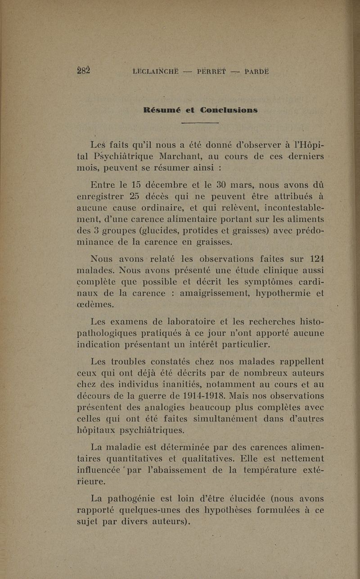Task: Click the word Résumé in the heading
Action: point(168,109)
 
